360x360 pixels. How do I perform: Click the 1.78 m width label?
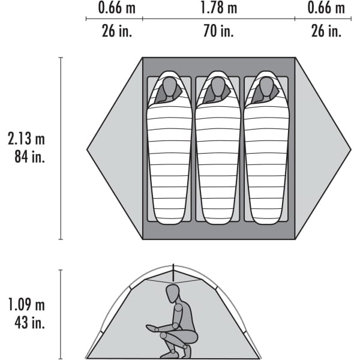[218, 8]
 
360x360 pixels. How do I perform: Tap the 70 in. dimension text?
[218, 31]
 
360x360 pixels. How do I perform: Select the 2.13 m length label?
[26, 139]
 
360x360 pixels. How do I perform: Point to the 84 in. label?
[29, 157]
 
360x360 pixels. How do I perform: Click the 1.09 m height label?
[26, 304]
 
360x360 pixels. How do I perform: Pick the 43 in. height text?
[29, 323]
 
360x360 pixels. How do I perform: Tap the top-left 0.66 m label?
[116, 8]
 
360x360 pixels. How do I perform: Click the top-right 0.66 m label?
[326, 8]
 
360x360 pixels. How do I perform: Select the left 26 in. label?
[117, 31]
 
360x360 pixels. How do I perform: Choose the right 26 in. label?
[326, 31]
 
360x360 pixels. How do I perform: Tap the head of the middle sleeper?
[218, 88]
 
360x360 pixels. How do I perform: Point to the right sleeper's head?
[266, 88]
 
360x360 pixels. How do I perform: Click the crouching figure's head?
[172, 293]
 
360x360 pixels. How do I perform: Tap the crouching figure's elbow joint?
[175, 326]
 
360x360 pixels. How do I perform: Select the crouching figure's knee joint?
[163, 335]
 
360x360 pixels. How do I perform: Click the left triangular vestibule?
[115, 149]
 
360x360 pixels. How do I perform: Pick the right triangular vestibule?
[323, 149]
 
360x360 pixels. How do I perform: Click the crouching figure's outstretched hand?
[151, 328]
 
